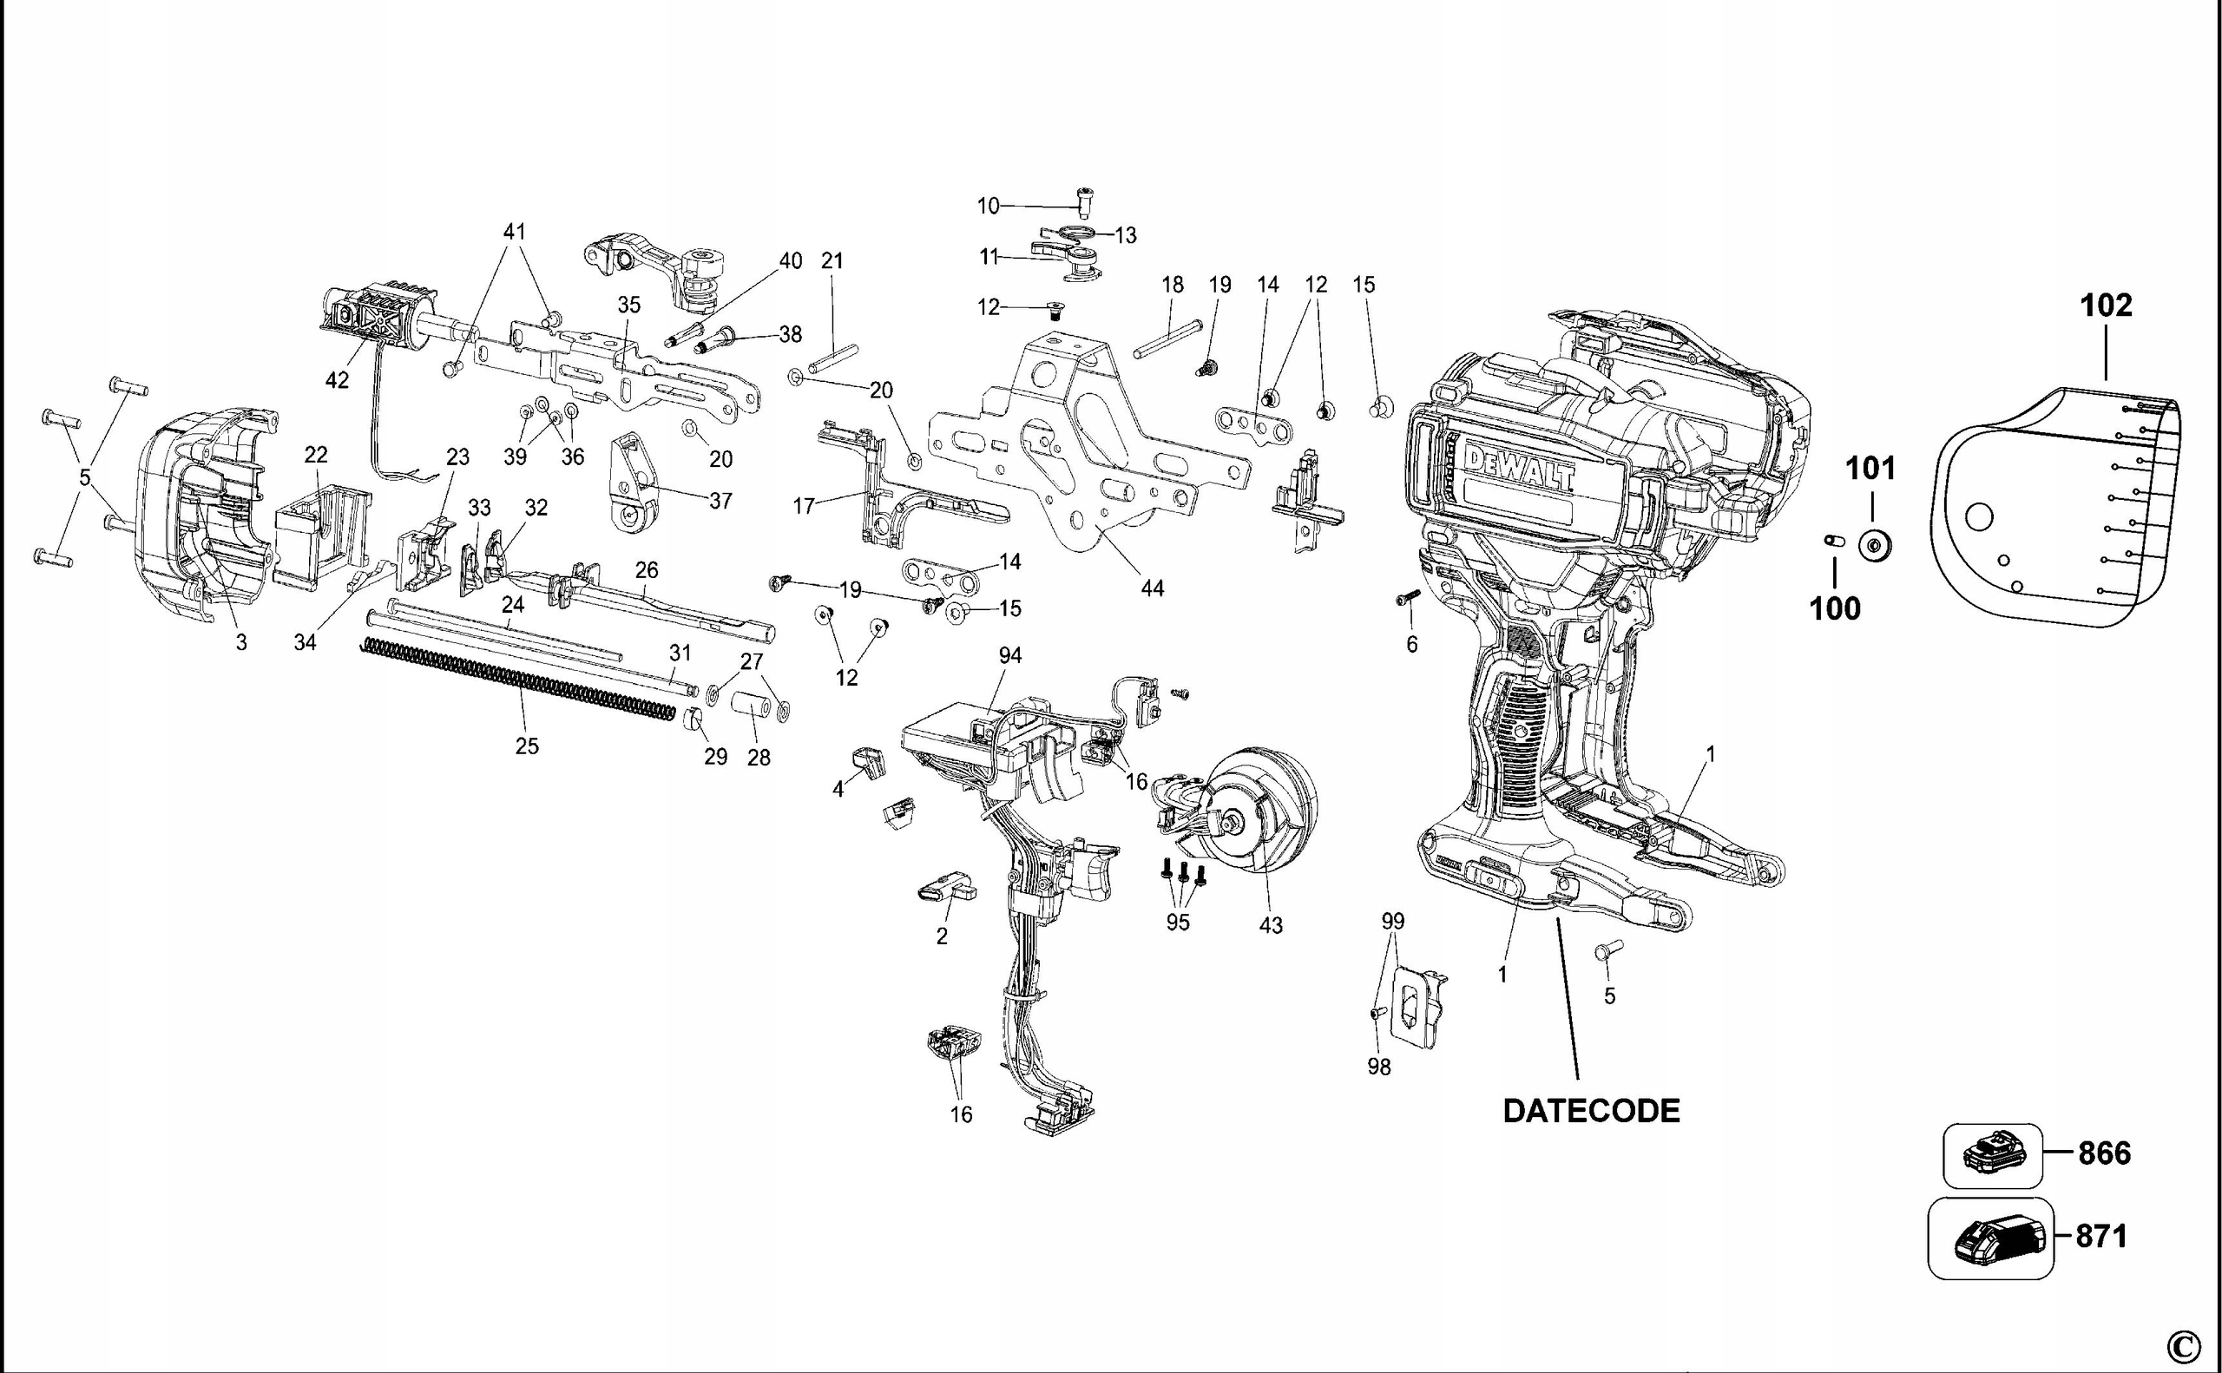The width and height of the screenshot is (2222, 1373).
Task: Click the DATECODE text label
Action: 1591,1111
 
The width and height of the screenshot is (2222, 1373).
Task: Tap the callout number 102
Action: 2106,305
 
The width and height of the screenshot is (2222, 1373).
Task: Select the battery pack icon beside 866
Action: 1992,1155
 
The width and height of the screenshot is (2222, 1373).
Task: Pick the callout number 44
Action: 1152,588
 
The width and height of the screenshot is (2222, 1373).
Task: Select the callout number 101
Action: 1871,470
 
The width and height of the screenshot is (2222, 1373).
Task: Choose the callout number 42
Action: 337,380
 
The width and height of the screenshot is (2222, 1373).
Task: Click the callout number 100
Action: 1835,608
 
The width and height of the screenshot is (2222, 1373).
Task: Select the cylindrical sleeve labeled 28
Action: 752,707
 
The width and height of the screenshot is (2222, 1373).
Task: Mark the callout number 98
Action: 1378,1068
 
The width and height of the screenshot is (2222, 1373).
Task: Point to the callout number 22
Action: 315,454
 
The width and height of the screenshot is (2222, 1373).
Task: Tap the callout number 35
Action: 628,305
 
